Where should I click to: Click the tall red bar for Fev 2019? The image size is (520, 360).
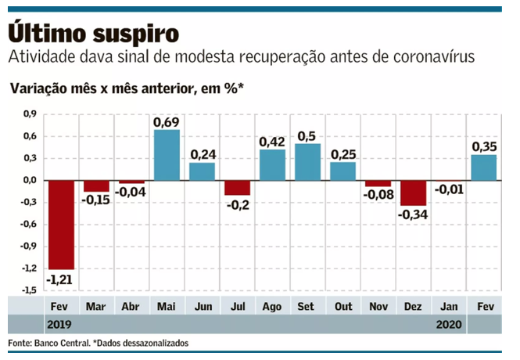[62, 224]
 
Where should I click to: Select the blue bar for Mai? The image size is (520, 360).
[167, 154]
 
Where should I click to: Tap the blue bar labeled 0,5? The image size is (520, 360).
[307, 161]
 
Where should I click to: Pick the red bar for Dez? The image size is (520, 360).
[414, 193]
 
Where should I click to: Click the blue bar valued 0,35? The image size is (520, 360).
[483, 167]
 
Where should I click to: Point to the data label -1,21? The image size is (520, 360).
[62, 279]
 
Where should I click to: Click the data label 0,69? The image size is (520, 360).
[167, 121]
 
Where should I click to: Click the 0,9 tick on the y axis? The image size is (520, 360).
[30, 114]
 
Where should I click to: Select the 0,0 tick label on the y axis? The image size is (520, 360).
[30, 181]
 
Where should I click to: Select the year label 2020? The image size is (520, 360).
[448, 324]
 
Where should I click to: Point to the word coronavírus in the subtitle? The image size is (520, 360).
[422, 59]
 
